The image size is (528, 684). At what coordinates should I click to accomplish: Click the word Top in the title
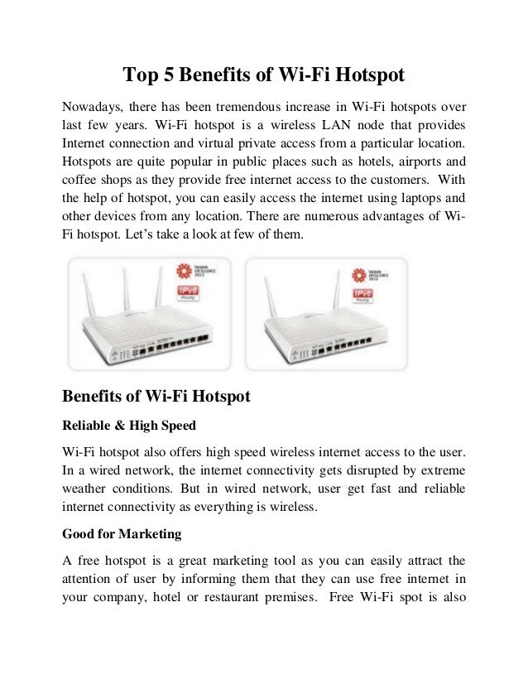139,76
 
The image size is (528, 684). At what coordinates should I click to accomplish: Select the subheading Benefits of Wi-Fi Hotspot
157,397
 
